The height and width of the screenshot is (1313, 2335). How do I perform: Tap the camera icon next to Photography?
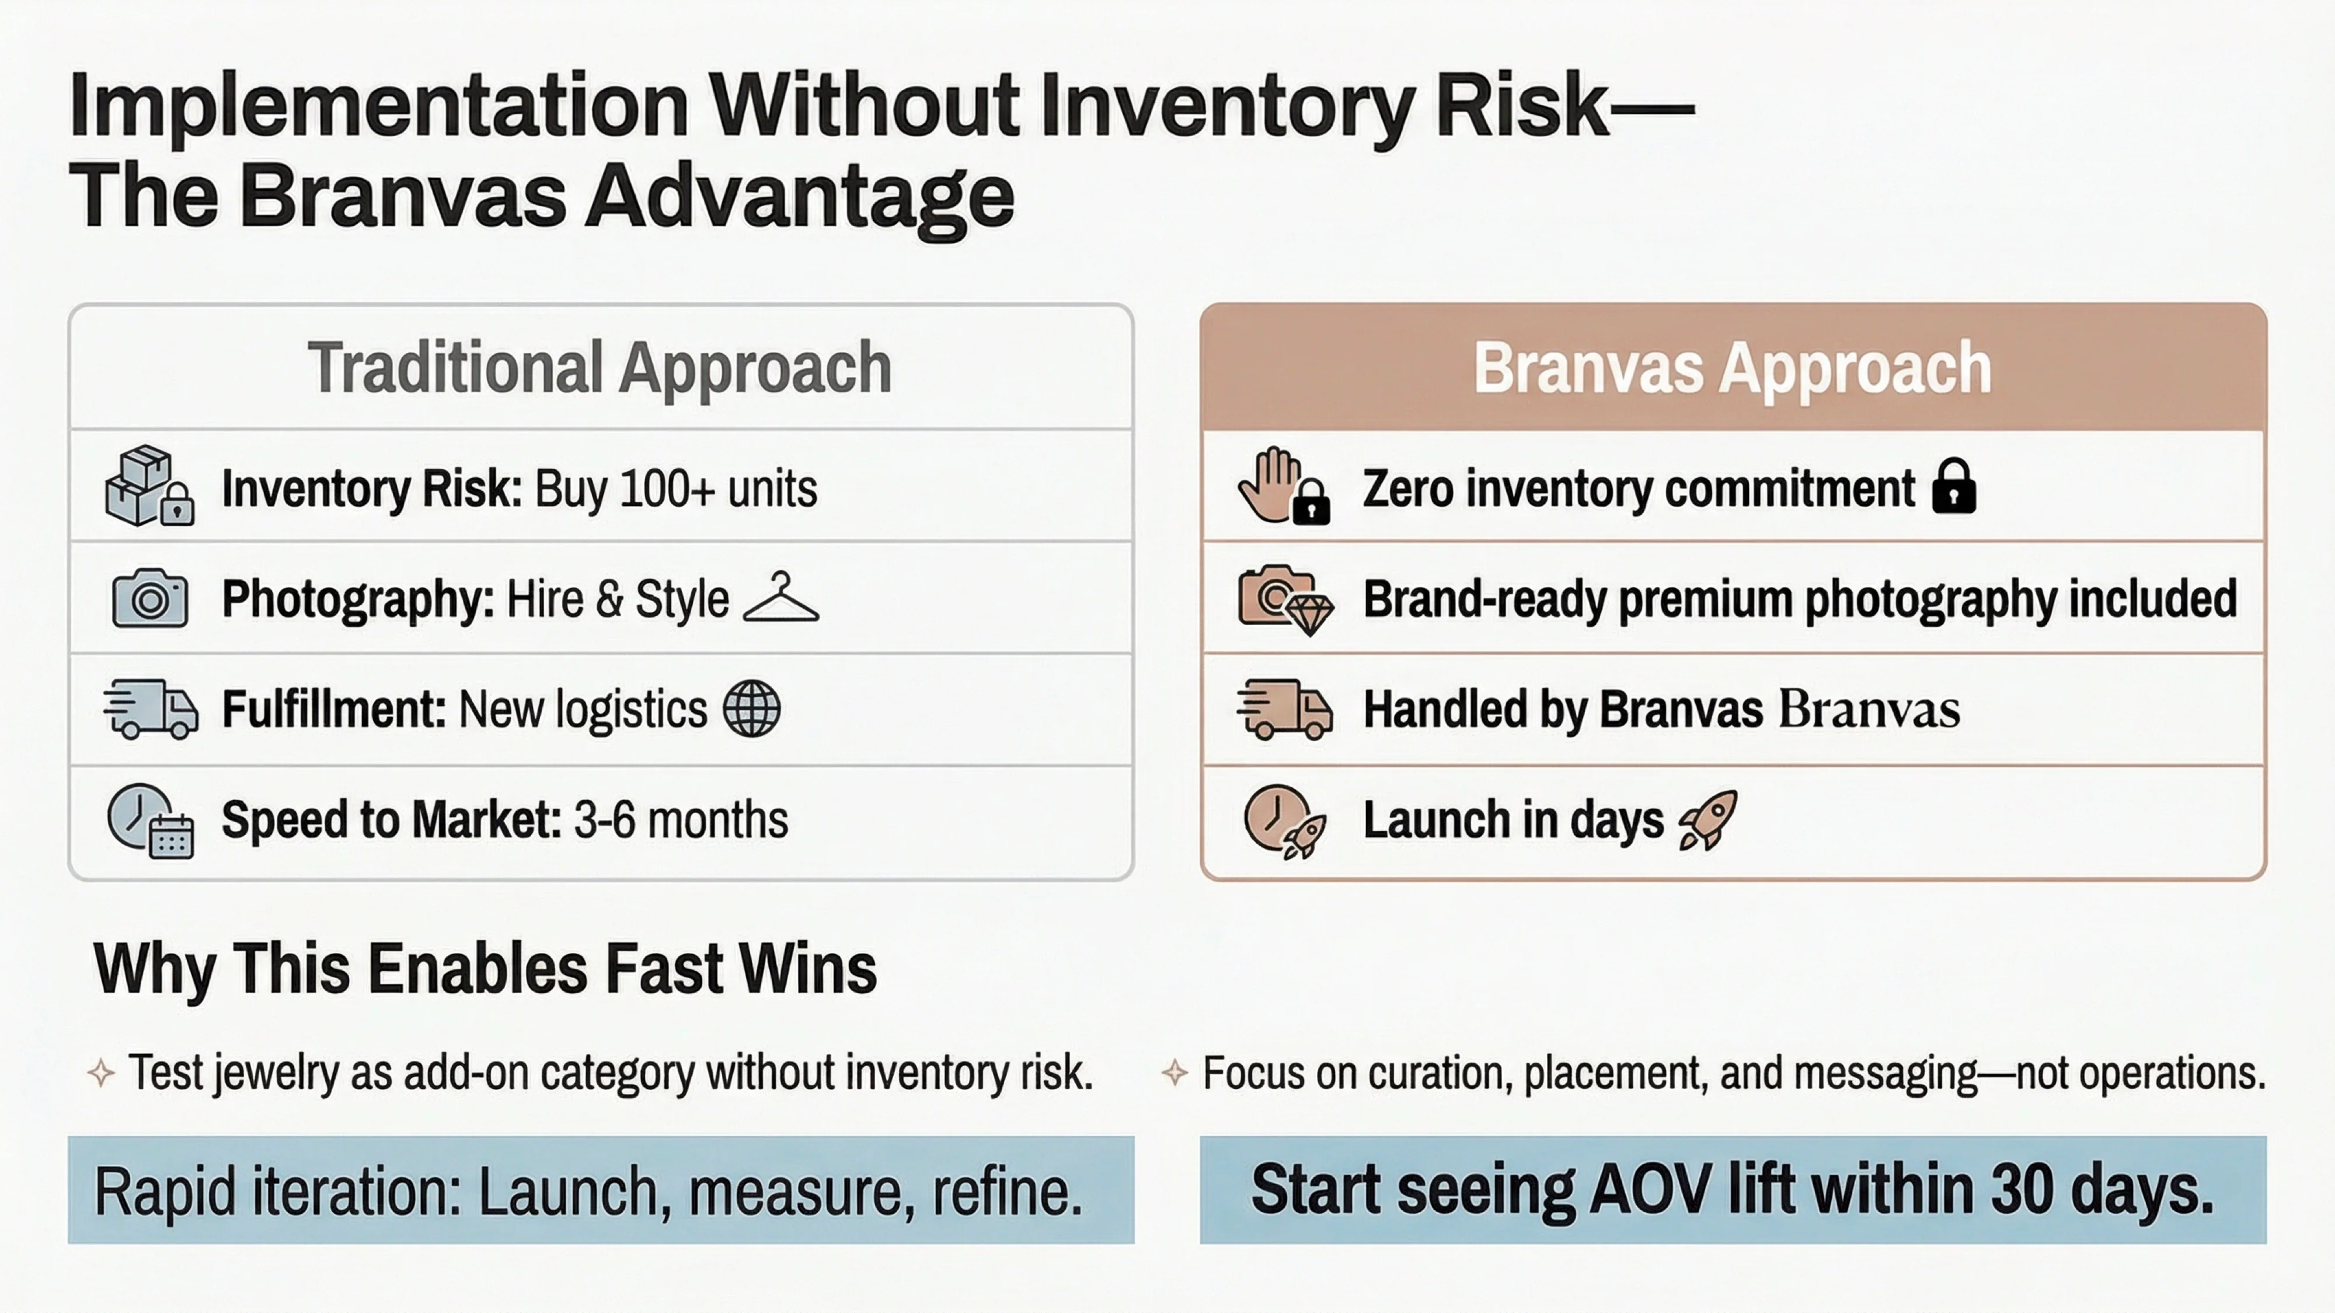(x=149, y=599)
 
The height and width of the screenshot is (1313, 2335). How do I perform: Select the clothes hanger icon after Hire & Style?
(x=780, y=599)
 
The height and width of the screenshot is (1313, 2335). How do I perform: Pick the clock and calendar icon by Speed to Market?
(x=149, y=820)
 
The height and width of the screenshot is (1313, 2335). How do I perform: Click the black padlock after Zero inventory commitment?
(x=1953, y=487)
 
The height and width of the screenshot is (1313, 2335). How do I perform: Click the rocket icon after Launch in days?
(x=1709, y=819)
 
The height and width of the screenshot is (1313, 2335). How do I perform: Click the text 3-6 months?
(x=681, y=820)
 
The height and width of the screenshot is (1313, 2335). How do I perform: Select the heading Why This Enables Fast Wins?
(x=485, y=969)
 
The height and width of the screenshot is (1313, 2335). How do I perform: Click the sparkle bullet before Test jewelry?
(x=100, y=1074)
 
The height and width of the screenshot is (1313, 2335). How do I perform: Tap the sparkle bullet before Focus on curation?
(x=1175, y=1074)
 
